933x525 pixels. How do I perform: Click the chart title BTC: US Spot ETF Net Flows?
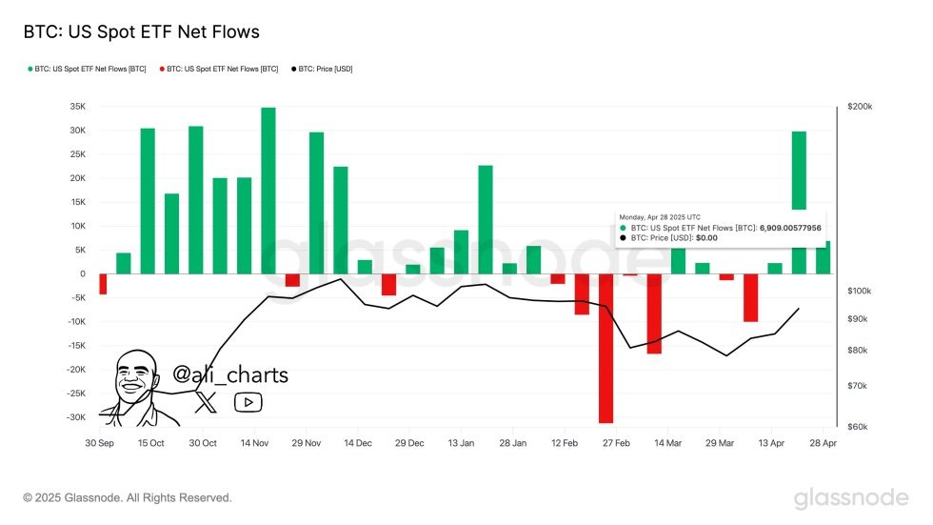pyautogui.click(x=141, y=32)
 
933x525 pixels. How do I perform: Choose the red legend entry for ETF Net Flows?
pyautogui.click(x=222, y=69)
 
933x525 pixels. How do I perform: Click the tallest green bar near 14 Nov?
pyautogui.click(x=268, y=190)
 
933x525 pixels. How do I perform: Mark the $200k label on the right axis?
pyautogui.click(x=860, y=107)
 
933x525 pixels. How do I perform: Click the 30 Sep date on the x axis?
pyautogui.click(x=99, y=444)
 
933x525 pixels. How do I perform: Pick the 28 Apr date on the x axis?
pyautogui.click(x=823, y=444)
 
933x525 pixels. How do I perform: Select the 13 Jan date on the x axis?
pyautogui.click(x=461, y=444)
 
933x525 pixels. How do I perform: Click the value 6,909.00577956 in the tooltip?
pyautogui.click(x=790, y=228)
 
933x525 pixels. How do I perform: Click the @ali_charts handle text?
pyautogui.click(x=230, y=375)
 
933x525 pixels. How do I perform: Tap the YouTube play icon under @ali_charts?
pyautogui.click(x=248, y=402)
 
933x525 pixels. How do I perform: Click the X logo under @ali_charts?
pyautogui.click(x=206, y=402)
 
